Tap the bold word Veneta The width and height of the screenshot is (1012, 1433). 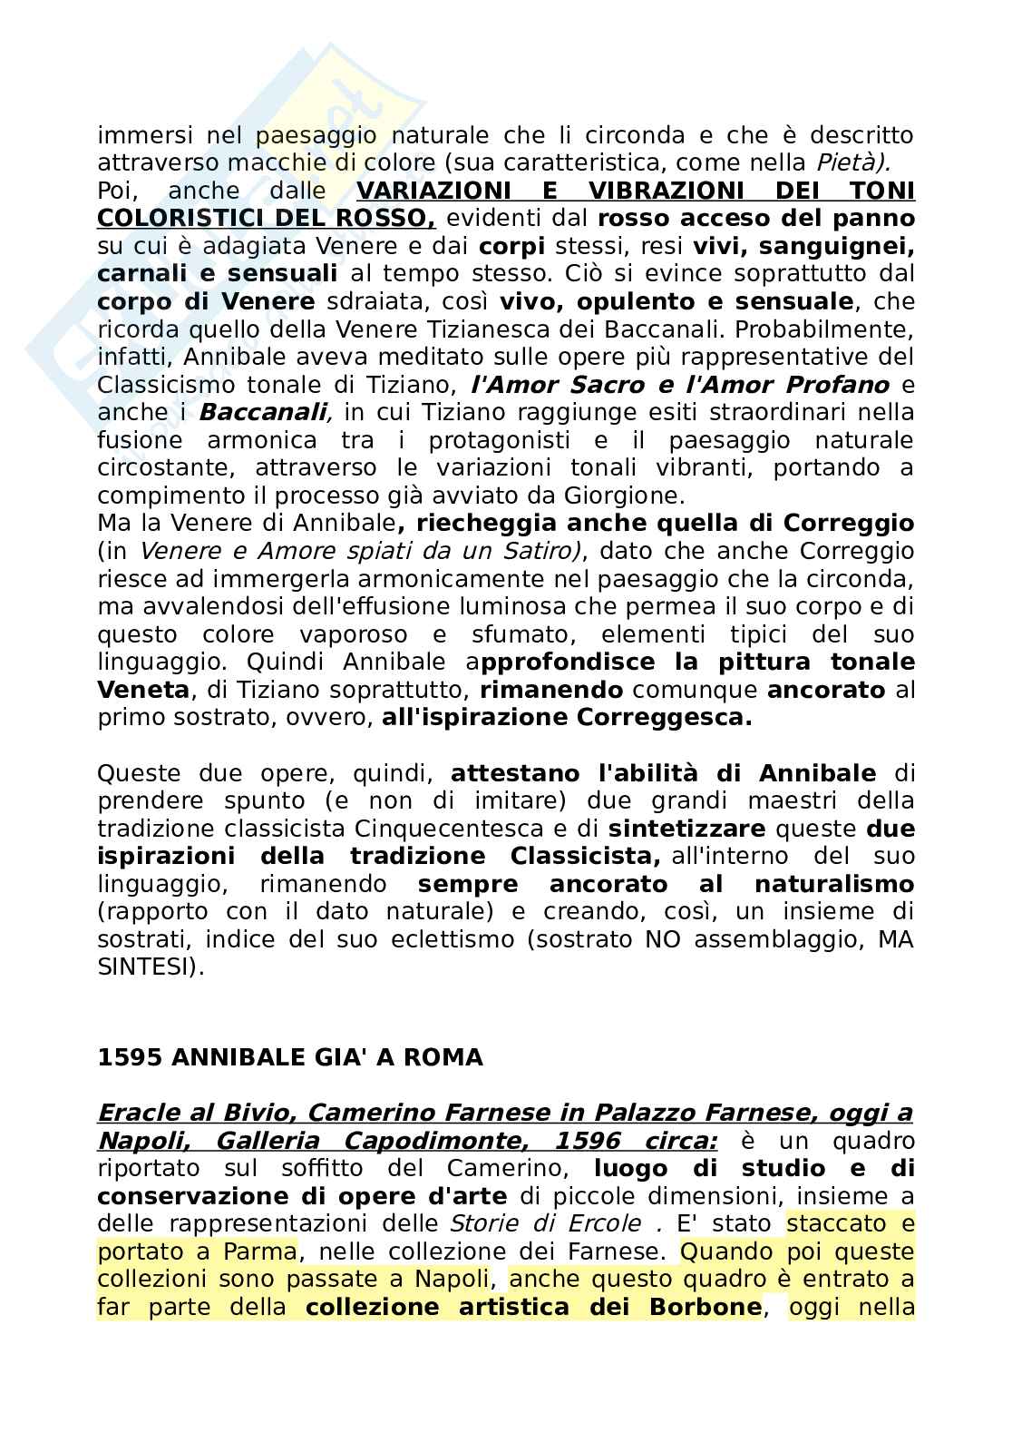[x=143, y=691]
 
